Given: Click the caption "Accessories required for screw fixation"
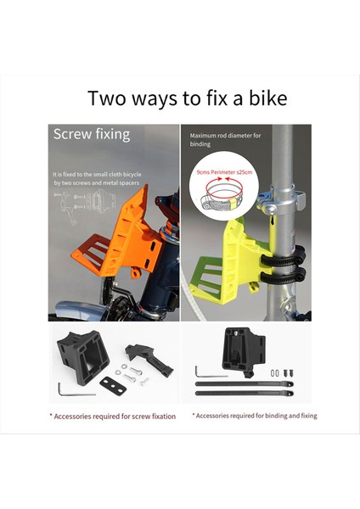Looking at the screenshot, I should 113,416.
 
